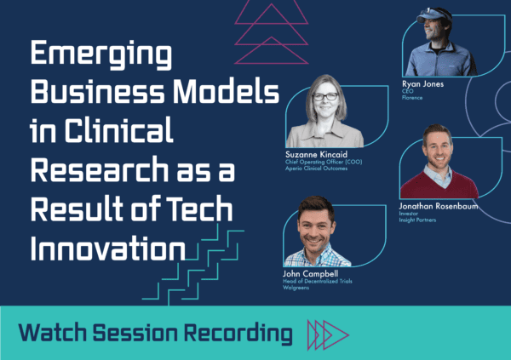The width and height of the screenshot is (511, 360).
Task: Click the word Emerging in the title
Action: click(x=101, y=54)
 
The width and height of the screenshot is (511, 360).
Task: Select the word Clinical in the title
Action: click(x=118, y=129)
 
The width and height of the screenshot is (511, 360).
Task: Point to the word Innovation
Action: click(x=108, y=248)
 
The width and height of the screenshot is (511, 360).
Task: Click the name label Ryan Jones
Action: click(x=422, y=84)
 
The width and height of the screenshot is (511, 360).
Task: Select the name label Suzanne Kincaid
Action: click(x=316, y=154)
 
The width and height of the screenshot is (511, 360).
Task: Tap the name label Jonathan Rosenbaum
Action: click(x=439, y=206)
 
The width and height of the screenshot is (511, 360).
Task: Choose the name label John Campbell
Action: click(x=310, y=273)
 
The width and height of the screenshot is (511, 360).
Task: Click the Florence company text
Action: click(x=412, y=97)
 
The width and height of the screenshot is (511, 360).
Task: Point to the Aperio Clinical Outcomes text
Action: click(x=316, y=169)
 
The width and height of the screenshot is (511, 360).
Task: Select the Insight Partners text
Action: click(x=417, y=220)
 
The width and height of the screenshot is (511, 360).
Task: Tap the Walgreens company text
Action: click(x=296, y=288)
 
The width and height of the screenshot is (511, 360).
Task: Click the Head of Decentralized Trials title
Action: click(x=318, y=281)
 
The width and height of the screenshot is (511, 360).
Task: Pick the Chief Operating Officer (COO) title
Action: click(x=324, y=162)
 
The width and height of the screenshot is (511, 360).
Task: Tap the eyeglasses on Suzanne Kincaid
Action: click(x=325, y=96)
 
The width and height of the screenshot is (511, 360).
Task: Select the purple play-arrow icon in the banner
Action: click(x=328, y=334)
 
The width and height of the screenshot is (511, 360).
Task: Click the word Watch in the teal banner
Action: click(x=53, y=332)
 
